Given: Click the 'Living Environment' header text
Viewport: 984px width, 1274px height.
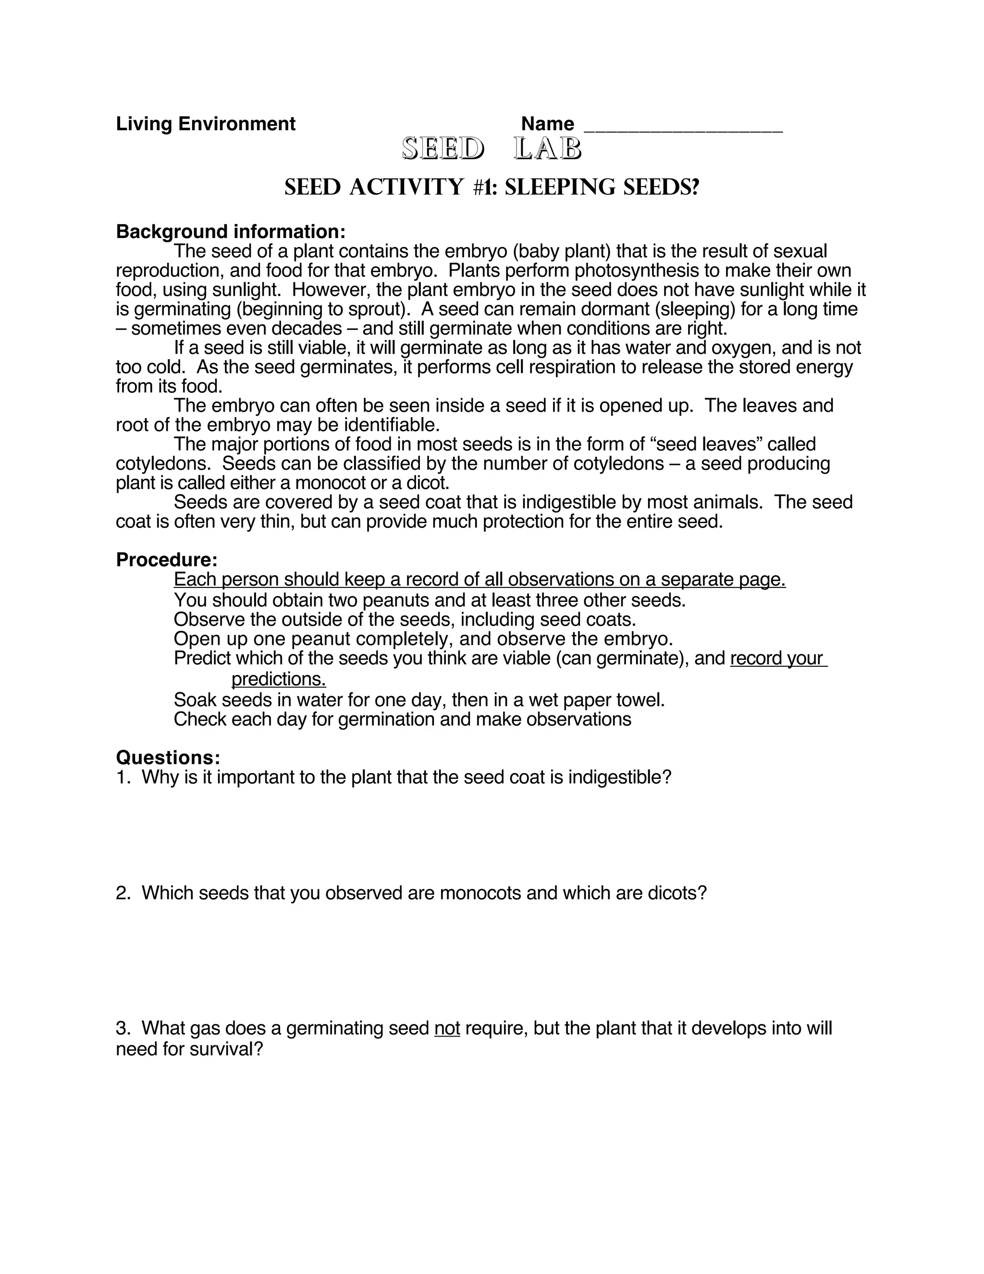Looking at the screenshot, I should coord(205,124).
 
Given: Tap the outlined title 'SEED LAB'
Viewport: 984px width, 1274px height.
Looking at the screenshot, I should coord(492,150).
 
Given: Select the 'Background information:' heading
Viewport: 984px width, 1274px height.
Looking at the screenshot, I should coord(231,232).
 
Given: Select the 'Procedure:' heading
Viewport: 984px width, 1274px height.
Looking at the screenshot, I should coord(167,560).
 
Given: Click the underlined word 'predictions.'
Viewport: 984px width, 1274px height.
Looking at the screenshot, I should coord(279,679).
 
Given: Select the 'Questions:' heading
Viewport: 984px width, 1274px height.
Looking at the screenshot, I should coord(168,758).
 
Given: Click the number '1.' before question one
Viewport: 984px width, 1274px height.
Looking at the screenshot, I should coord(123,777).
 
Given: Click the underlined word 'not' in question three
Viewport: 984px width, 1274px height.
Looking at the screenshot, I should coord(447,1028).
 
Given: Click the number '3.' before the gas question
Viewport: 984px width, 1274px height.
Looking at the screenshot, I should coord(123,1028).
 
